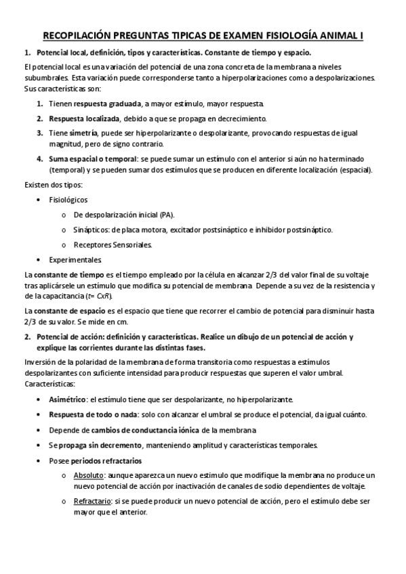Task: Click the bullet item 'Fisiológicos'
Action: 68,200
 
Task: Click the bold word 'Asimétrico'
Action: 67,399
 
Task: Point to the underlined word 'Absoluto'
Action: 88,475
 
